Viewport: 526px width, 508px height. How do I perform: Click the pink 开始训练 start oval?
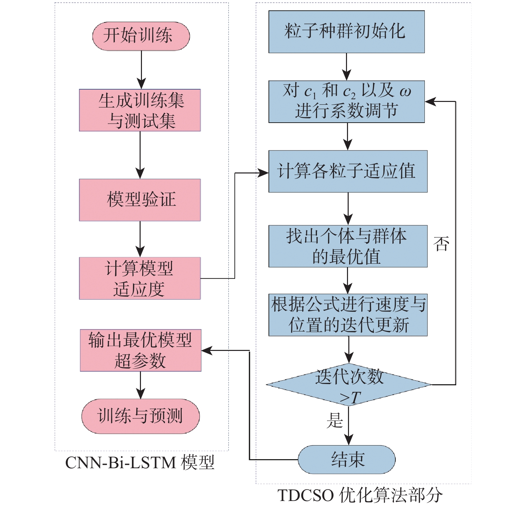141,36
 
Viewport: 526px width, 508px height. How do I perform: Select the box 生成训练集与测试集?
140,110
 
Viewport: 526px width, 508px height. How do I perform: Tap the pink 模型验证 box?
140,200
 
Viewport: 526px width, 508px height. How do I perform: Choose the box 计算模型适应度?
140,278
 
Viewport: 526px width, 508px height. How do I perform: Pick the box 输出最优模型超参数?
141,350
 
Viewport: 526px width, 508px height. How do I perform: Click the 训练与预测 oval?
141,416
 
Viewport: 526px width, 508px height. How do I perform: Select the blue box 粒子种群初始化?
347,32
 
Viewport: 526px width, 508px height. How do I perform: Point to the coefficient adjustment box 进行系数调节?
347,102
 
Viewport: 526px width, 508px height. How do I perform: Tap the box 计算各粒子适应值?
348,171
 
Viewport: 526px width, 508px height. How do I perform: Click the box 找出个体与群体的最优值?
348,246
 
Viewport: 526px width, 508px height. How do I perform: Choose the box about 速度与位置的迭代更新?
348,315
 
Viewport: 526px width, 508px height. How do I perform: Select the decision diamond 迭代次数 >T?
349,385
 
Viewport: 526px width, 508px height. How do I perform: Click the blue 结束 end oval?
347,460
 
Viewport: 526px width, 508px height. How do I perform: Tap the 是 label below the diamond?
335,420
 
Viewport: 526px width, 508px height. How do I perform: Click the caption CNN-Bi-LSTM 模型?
140,463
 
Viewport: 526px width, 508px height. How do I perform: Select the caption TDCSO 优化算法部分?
360,495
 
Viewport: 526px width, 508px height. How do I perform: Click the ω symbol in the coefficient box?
405,92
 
